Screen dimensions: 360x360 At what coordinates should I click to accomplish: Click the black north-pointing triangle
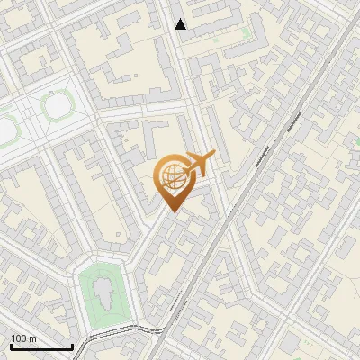coord(181,24)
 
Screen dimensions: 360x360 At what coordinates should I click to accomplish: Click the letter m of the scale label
coord(32,338)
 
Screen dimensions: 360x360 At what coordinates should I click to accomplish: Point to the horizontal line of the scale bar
coord(41,346)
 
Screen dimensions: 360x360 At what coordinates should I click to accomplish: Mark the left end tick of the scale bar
coord(11,345)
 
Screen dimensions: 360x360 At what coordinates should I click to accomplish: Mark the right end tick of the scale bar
coord(72,345)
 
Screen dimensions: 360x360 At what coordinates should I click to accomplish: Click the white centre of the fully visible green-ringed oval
coord(58,107)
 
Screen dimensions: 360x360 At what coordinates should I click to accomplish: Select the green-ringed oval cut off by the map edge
coord(5,130)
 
